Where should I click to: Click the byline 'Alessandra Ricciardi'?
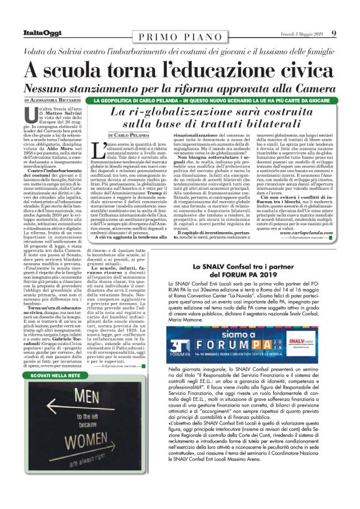point(56,100)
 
